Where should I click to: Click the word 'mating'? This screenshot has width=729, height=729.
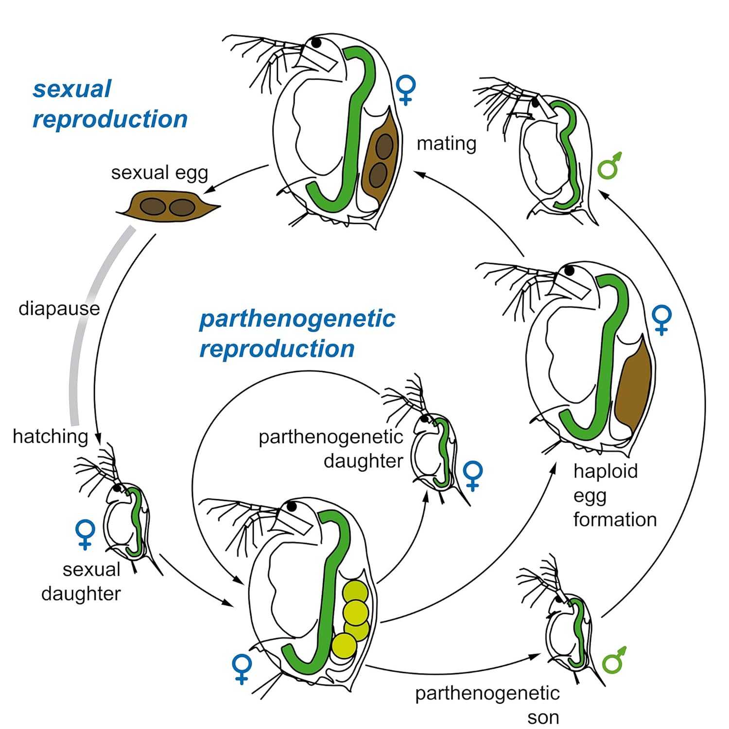click(446, 144)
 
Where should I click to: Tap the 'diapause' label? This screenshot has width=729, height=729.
click(59, 309)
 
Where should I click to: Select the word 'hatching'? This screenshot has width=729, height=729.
click(50, 436)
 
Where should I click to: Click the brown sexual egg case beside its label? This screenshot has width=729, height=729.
click(168, 207)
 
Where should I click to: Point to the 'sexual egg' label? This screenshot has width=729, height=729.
click(159, 173)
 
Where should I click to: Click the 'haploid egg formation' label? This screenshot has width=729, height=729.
click(614, 495)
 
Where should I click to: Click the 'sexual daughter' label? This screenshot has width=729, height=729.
click(82, 581)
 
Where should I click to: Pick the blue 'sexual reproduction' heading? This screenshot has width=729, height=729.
click(110, 104)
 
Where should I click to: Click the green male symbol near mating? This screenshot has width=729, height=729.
click(609, 166)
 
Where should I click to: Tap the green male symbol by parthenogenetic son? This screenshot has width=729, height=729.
click(614, 660)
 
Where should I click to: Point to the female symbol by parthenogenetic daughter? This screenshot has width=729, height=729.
click(472, 475)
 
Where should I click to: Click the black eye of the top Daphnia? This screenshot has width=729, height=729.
click(316, 43)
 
